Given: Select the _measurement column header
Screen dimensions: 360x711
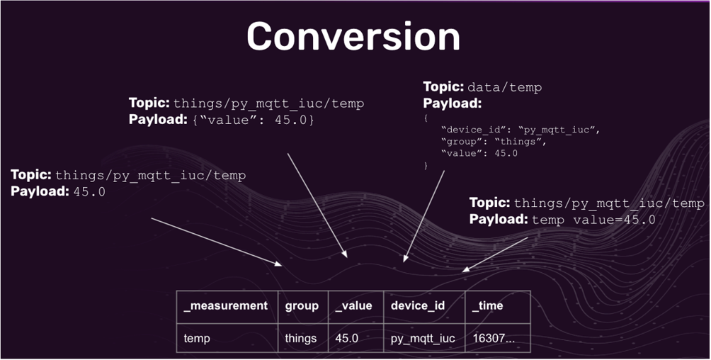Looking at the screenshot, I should (x=225, y=306).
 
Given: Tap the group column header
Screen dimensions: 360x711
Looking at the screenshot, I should (x=302, y=306).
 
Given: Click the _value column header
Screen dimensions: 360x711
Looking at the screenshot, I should (x=353, y=306).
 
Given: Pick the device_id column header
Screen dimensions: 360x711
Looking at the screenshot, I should (x=418, y=306).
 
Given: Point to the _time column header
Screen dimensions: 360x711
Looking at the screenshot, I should (x=487, y=306).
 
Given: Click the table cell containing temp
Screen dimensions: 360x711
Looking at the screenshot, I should (x=197, y=338).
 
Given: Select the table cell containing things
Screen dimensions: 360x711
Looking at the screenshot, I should (x=300, y=338).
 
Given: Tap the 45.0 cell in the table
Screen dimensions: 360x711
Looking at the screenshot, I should (x=347, y=338).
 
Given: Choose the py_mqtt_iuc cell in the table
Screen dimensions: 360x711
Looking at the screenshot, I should (x=423, y=338).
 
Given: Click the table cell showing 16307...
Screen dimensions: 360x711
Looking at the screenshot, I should (x=493, y=338).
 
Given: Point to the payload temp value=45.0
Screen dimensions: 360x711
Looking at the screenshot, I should (x=593, y=220).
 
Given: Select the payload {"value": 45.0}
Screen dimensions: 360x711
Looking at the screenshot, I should (x=254, y=120).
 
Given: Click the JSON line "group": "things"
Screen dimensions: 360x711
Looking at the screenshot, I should (x=493, y=142).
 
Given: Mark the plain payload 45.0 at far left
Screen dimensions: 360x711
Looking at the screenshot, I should (x=89, y=191).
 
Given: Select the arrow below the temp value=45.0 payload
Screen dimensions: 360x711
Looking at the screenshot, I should (x=496, y=254).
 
